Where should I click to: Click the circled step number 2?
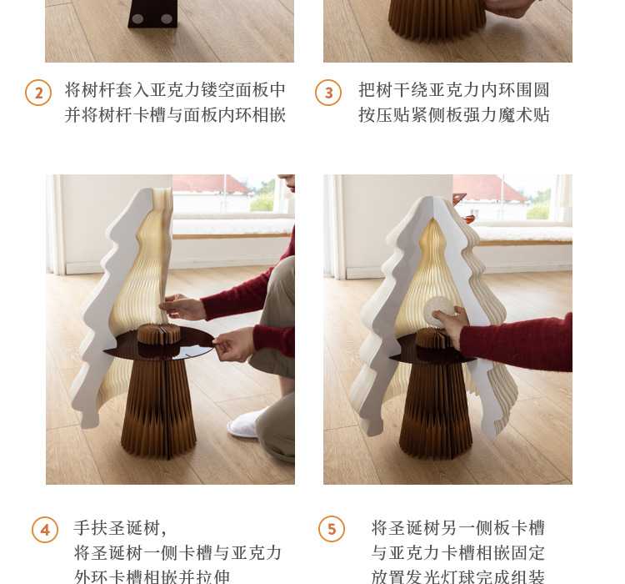click(x=38, y=93)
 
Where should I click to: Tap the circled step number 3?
click(x=328, y=93)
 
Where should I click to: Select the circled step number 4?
click(x=45, y=530)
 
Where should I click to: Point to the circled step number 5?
click(x=332, y=529)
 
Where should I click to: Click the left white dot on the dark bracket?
click(x=137, y=18)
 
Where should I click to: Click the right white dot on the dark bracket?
click(x=166, y=18)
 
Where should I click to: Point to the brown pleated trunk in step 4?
click(x=158, y=407)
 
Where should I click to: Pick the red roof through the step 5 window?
click(x=489, y=188)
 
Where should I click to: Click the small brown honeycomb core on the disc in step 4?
click(x=158, y=334)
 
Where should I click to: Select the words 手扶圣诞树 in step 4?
click(x=117, y=528)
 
